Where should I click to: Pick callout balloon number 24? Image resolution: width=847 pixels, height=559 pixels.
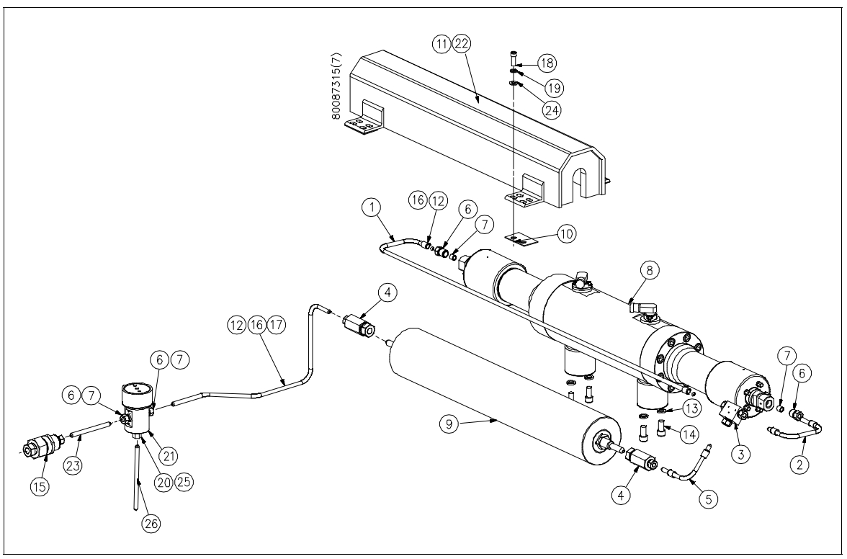(x=553, y=109)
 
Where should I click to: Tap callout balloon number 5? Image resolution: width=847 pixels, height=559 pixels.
(x=709, y=497)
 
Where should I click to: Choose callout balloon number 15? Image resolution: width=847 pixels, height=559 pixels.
(x=40, y=486)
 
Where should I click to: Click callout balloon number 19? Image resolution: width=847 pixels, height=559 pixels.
(x=554, y=87)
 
